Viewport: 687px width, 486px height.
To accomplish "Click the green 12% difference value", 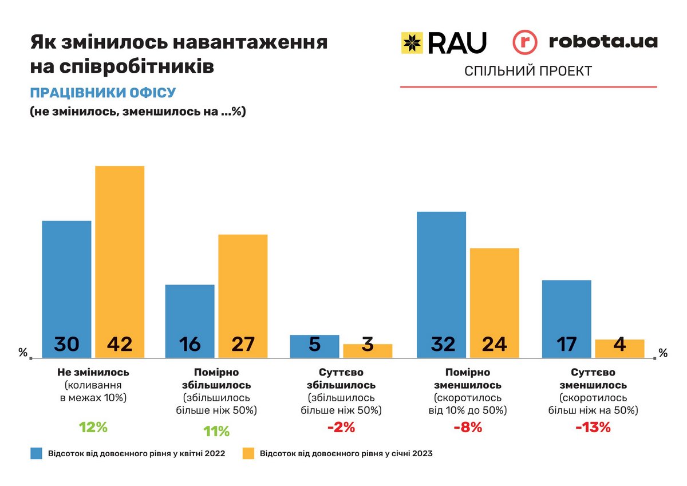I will click(93, 427).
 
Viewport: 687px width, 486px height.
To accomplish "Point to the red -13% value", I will click(593, 427).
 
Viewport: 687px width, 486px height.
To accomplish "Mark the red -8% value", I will click(468, 427).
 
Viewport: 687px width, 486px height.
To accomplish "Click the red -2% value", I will click(342, 427).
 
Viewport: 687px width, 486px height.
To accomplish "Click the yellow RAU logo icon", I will click(412, 43).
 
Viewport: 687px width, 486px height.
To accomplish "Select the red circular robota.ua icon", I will click(525, 43).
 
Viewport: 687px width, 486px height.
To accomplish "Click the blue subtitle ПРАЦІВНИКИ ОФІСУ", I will click(102, 93).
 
